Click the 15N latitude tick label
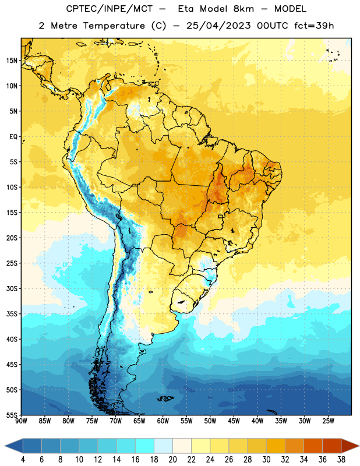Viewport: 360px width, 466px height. tap(12, 61)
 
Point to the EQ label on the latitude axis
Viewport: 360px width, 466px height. tap(13, 137)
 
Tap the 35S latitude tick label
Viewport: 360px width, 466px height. tap(12, 314)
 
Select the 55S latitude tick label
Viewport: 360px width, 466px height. tap(12, 415)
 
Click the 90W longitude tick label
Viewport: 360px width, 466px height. tap(21, 421)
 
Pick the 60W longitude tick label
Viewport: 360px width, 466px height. tap(163, 421)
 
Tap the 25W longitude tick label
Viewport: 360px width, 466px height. tap(328, 421)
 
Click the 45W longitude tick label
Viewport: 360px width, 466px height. tap(234, 421)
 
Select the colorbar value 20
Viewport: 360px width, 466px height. tap(172, 460)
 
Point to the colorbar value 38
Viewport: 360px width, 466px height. tap(341, 460)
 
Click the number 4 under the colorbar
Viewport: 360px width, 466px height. tap(23, 460)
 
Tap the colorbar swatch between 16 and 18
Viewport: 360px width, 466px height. tap(144, 446)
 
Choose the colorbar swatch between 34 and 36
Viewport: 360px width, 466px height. tap(313, 446)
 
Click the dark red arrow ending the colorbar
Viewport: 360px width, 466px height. tap(350, 446)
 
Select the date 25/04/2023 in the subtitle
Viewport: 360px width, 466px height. tap(218, 26)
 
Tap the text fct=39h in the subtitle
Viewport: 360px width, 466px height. tap(314, 26)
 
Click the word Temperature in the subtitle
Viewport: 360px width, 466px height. tap(114, 26)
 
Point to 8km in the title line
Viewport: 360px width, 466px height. tap(243, 9)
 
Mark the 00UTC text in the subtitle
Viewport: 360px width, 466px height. tap(273, 26)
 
